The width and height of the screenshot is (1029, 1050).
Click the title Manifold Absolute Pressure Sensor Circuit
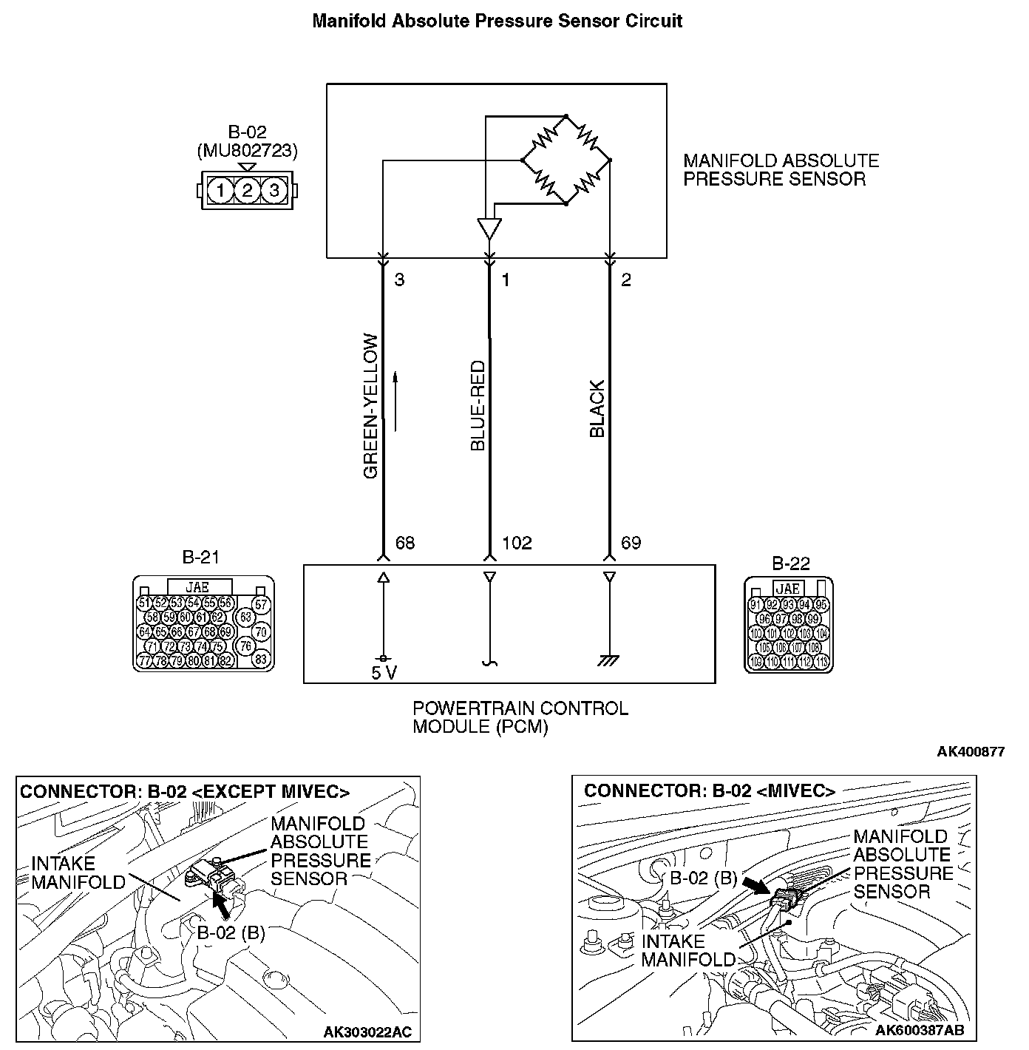point(497,21)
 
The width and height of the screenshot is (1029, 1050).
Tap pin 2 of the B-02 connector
point(247,191)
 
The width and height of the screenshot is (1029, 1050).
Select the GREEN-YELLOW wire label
point(371,406)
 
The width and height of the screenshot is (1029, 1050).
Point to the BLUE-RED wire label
point(478,406)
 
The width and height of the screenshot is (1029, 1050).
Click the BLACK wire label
point(597,409)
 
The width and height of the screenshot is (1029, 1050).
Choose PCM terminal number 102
point(517,543)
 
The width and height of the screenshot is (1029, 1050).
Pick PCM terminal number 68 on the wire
point(405,543)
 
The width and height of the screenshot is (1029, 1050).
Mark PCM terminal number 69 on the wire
point(631,543)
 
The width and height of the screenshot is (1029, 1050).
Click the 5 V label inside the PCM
point(383,672)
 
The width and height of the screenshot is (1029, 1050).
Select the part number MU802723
point(247,151)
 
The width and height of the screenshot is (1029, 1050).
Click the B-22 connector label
point(790,564)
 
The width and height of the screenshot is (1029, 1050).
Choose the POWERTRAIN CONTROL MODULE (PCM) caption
point(520,717)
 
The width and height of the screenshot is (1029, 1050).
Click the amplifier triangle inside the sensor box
point(489,227)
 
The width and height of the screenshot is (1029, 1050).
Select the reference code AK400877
point(970,752)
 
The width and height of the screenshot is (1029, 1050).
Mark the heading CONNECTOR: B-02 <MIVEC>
point(709,791)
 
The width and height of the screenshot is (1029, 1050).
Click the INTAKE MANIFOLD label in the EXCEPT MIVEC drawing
point(78,873)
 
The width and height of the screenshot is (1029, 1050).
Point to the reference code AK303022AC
point(367,1032)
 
